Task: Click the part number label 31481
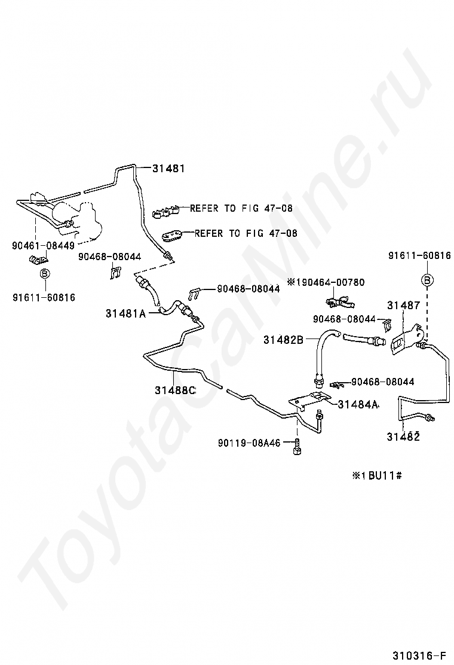(168, 169)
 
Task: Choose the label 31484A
(358, 404)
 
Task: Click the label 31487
(404, 306)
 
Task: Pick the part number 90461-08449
(43, 245)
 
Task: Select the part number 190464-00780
(338, 282)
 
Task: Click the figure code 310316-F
(421, 653)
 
